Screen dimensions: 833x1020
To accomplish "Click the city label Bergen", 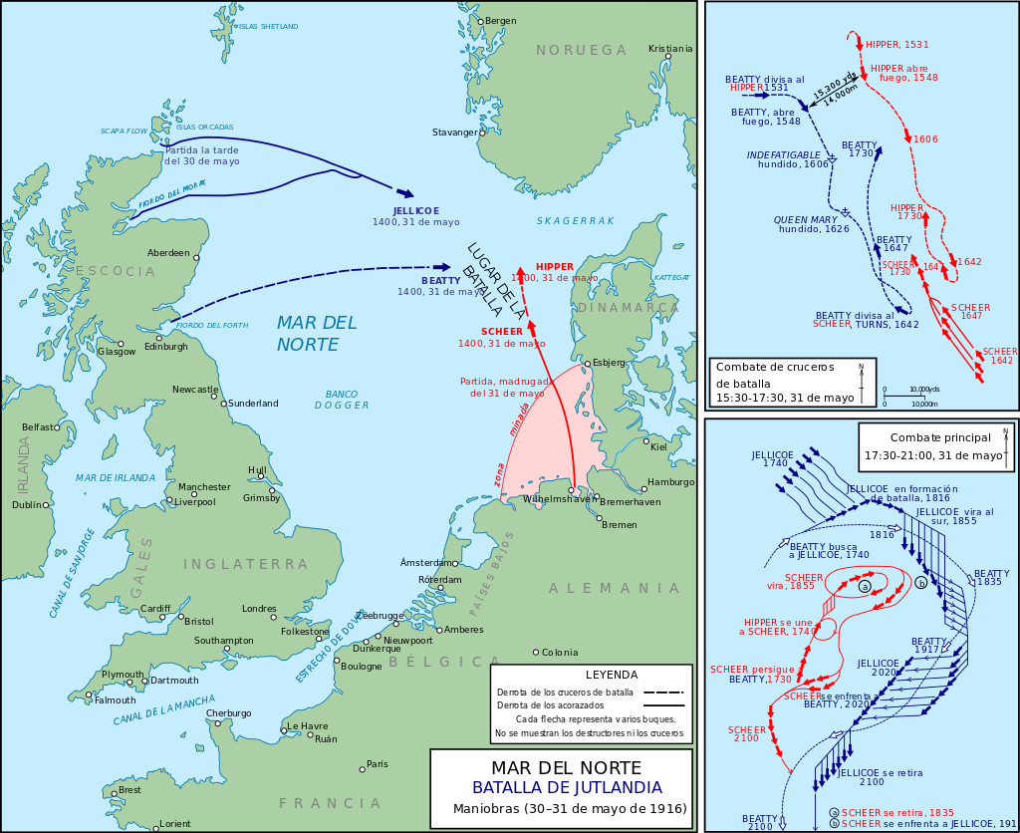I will (501, 21).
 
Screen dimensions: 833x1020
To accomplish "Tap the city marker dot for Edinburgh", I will (159, 338).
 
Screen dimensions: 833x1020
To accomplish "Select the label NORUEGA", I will (581, 51).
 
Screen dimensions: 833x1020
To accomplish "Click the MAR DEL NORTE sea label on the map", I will (316, 334).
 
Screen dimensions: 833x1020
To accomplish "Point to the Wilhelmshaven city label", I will (560, 498).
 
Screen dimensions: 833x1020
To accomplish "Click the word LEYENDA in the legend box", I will (611, 675).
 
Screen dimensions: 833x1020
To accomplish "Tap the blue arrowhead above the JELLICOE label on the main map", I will (404, 193).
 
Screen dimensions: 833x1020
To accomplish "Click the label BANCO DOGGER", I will (342, 399).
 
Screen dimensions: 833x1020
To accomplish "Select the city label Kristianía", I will (669, 48).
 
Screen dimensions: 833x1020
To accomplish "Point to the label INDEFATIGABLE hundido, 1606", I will (788, 159).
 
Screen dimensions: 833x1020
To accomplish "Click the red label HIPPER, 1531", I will (896, 45).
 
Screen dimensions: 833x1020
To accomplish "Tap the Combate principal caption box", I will (934, 446).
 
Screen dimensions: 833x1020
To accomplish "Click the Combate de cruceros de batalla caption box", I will (792, 382).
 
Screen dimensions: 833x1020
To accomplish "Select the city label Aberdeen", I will (168, 253).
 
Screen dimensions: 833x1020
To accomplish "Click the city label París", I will (377, 764).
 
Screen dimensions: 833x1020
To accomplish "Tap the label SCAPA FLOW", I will (124, 132).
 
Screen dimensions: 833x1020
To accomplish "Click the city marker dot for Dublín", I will (47, 504).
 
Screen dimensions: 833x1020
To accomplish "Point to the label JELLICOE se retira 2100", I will (872, 777).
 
